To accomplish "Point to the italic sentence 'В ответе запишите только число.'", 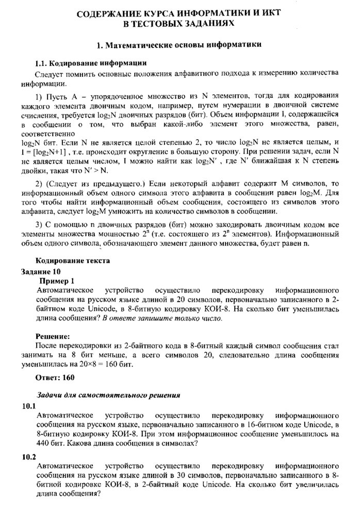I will [x=162, y=318].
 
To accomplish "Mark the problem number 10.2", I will [x=29, y=457].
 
